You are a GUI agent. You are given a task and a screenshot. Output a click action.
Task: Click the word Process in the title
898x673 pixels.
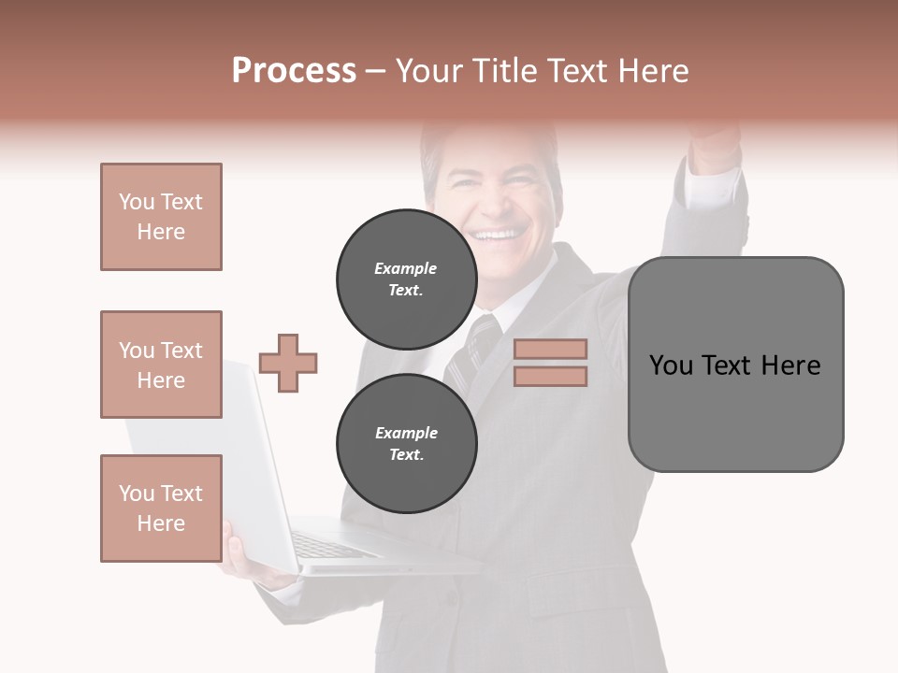click(294, 71)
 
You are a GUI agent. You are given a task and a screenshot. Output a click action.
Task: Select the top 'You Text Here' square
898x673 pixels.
click(161, 217)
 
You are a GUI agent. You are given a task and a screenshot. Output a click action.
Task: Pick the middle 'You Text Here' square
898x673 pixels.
click(161, 365)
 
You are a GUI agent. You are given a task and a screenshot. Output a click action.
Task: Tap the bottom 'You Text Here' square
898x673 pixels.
click(161, 508)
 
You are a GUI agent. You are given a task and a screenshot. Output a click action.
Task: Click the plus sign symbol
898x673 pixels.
click(288, 363)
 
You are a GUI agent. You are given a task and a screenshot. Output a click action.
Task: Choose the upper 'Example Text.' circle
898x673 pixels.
click(406, 279)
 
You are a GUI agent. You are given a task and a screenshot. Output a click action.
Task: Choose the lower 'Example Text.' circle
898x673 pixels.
click(406, 443)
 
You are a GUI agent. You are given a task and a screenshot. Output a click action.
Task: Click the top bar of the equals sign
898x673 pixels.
click(550, 349)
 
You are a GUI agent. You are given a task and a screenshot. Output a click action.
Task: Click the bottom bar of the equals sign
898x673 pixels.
click(550, 376)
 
